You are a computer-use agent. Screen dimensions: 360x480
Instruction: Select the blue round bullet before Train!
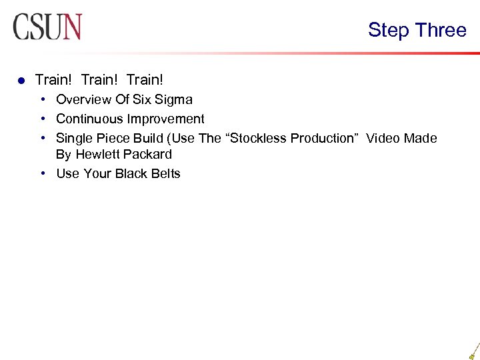(x=21, y=81)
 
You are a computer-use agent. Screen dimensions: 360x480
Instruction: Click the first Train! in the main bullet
(x=53, y=80)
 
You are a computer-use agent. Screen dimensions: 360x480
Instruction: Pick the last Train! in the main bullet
(x=145, y=80)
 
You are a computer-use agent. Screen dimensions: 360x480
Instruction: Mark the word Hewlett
(x=99, y=155)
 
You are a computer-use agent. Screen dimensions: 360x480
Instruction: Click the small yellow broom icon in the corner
(x=473, y=350)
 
